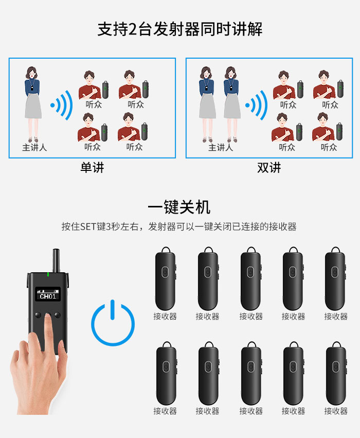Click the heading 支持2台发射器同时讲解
[180, 29]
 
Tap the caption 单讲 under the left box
[92, 168]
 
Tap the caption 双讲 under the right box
[269, 168]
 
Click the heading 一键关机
[179, 207]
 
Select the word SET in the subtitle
[88, 226]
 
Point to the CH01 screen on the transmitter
[48, 294]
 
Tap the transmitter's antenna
[56, 260]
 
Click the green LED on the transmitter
[48, 275]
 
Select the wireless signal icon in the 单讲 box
[62, 106]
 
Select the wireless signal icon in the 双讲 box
[257, 106]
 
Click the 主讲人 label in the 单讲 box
[34, 147]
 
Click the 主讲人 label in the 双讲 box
[221, 147]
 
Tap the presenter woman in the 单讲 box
[32, 104]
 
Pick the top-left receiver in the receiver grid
[166, 278]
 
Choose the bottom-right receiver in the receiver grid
[336, 373]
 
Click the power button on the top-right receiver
[335, 272]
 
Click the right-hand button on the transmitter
[58, 315]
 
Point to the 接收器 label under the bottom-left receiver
[165, 411]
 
